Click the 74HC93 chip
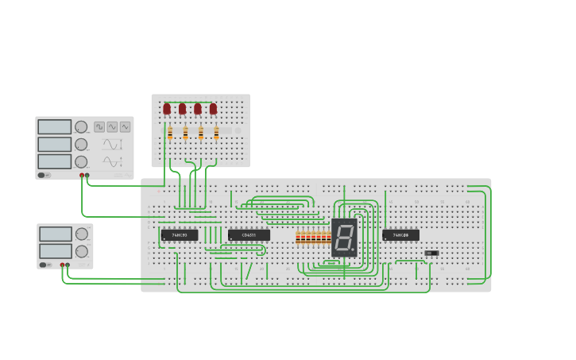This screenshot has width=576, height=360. click(179, 235)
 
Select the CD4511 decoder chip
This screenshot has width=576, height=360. click(249, 235)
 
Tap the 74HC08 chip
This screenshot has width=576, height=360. click(400, 235)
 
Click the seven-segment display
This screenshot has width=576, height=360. click(345, 237)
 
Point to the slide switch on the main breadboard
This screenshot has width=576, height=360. click(431, 253)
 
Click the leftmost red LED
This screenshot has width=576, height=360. click(167, 109)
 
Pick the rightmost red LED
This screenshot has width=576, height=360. click(213, 109)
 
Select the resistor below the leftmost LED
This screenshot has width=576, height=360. click(170, 133)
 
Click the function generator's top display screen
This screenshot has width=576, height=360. click(54, 127)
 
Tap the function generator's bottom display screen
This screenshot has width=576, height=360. click(54, 161)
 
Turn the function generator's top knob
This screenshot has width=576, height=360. click(81, 127)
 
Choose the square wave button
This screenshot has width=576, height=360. click(99, 126)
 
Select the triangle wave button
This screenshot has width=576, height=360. click(112, 126)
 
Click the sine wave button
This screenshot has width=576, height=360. click(125, 126)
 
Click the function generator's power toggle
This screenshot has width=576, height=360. click(44, 175)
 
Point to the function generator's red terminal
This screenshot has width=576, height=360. click(81, 175)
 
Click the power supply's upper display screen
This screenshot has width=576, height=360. click(55, 234)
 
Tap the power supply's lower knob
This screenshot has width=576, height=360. click(81, 250)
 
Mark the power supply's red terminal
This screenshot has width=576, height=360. click(62, 265)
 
